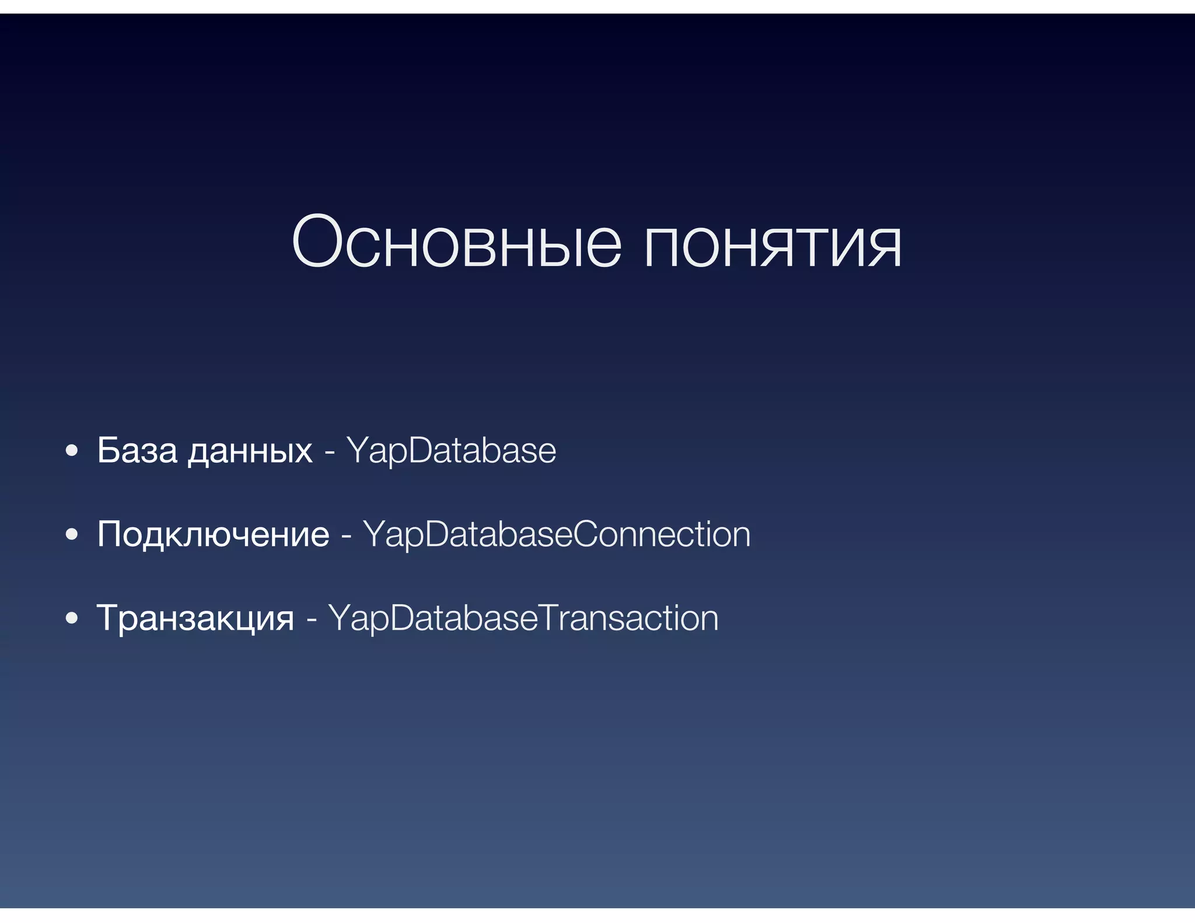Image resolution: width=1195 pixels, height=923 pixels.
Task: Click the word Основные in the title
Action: (456, 242)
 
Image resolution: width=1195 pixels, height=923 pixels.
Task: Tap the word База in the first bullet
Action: (137, 450)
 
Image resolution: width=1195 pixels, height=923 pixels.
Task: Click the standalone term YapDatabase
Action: (451, 451)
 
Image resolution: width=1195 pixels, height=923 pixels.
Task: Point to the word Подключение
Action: (213, 535)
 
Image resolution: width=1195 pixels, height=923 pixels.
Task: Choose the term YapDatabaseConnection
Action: (557, 535)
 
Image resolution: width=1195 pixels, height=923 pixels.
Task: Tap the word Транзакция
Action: (195, 618)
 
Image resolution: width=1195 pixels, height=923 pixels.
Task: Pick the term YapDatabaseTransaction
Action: (523, 618)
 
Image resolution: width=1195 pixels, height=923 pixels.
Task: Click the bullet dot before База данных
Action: (72, 451)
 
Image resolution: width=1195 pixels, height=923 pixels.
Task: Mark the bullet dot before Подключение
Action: (72, 535)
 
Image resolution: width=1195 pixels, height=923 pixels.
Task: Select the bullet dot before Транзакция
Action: (72, 618)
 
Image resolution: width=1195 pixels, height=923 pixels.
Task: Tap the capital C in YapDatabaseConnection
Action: (590, 534)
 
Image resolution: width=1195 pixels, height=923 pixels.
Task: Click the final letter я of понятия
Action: (882, 247)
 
